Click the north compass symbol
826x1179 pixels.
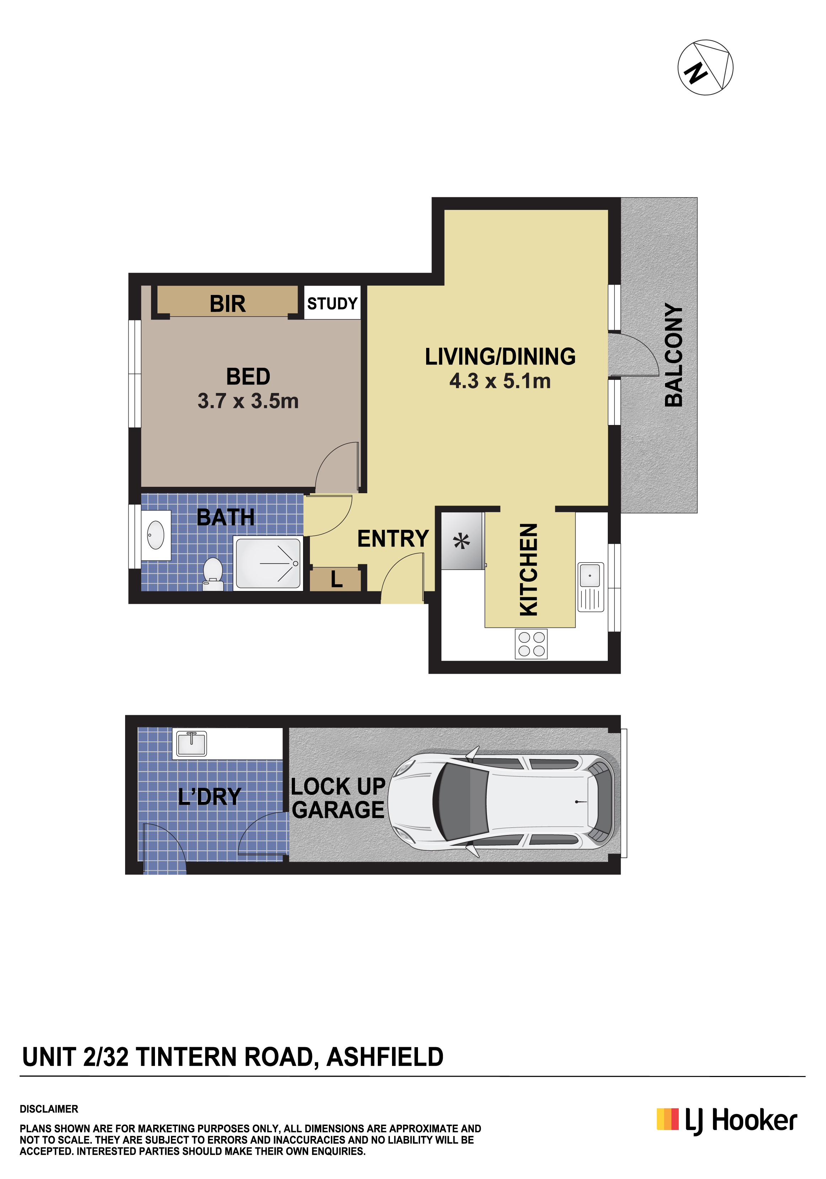click(705, 67)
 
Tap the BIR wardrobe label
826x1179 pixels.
click(227, 303)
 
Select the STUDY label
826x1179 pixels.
click(332, 303)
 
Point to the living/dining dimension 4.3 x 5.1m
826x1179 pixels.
click(500, 381)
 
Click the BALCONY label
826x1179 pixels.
click(674, 355)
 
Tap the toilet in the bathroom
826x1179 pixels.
click(213, 575)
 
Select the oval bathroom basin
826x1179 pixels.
click(156, 535)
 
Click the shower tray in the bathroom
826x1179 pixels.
click(268, 563)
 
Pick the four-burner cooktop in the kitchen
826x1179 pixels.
click(531, 644)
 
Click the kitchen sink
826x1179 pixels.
click(591, 587)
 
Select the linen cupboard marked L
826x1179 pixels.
click(336, 579)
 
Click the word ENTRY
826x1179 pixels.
click(393, 539)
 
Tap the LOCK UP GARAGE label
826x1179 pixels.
click(338, 798)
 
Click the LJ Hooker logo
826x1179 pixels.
click(727, 1121)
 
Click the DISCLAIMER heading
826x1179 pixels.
click(49, 1109)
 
